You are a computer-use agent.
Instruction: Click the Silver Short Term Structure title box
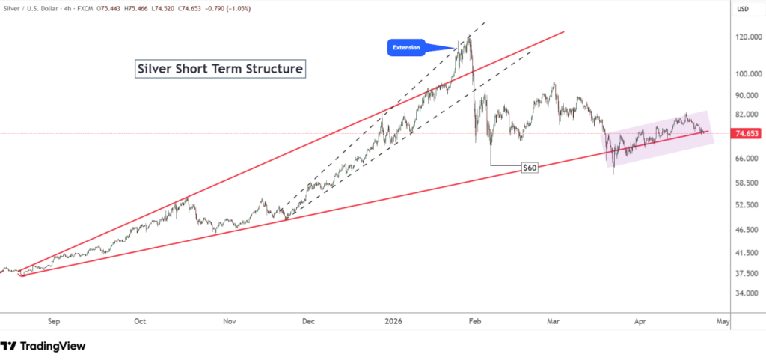point(221,69)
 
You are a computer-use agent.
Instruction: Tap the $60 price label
point(529,168)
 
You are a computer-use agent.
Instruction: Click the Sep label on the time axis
point(53,321)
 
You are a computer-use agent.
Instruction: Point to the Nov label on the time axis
point(230,321)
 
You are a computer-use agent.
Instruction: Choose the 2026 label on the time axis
point(393,321)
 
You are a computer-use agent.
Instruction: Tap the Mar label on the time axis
point(554,321)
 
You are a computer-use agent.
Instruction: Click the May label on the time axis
point(723,321)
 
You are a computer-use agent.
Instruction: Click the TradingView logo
point(43,346)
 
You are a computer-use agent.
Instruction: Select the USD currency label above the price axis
point(743,9)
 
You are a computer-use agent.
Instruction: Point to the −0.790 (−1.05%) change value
point(224,8)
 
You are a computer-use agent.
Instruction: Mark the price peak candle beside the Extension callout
point(469,36)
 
